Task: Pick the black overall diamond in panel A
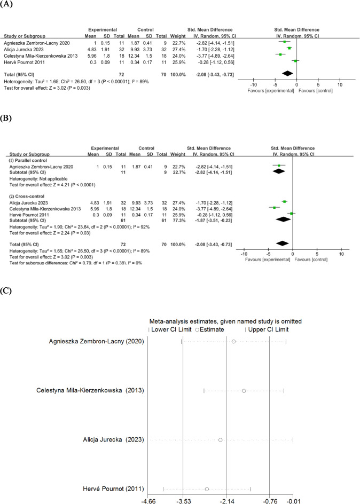[x=287, y=73]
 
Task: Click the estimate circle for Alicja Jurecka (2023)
[x=220, y=440]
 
